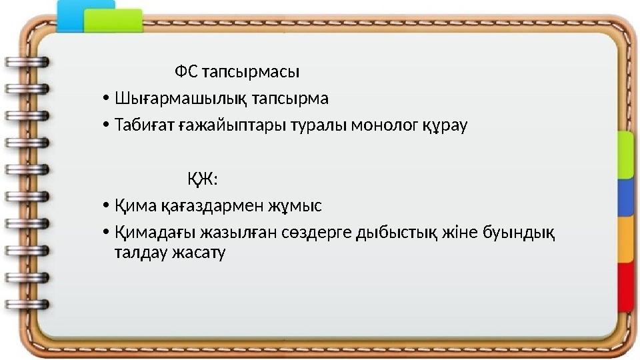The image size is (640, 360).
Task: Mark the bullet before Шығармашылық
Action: pos(107,99)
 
